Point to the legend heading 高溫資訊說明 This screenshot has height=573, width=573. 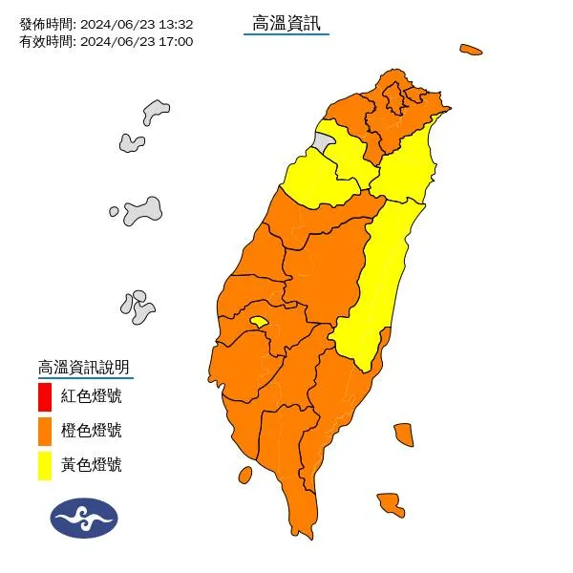pos(83,367)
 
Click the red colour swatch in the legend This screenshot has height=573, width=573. pos(45,395)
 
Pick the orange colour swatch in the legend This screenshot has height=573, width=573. pos(45,431)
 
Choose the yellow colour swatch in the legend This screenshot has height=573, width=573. pos(45,465)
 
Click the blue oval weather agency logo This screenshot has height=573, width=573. pos(84,518)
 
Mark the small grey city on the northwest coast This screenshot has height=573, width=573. pos(325,144)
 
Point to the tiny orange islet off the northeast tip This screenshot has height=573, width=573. pos(470,49)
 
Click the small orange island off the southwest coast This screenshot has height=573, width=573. pos(244,475)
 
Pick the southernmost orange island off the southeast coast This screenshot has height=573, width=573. pos(389,503)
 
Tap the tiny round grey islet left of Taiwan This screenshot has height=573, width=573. pos(114,211)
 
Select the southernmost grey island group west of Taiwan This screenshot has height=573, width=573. pos(138,307)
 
